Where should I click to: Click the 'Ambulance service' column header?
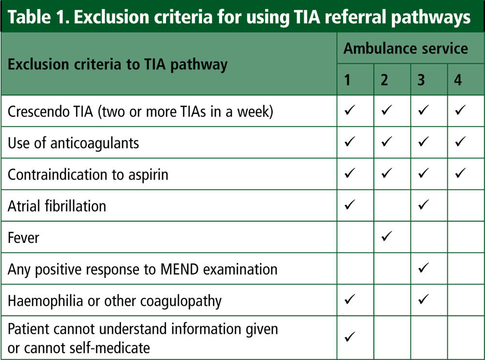406,48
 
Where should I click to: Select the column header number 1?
347,80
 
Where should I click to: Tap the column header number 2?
384,80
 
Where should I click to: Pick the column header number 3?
421,80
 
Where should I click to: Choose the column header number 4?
458,80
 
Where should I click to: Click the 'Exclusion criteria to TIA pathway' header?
118,65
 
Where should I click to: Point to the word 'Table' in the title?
29,17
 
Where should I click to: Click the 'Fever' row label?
24,238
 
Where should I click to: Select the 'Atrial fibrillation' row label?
57,206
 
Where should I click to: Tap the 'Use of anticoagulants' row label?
73,143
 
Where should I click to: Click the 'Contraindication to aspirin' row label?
88,175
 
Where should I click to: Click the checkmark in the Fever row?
387,236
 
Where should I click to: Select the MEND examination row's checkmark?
424,268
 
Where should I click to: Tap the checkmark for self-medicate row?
350,336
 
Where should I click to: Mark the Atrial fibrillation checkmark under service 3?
424,204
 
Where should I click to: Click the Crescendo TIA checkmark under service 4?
460,110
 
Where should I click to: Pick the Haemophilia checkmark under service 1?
350,300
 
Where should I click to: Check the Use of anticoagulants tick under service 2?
387,141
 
